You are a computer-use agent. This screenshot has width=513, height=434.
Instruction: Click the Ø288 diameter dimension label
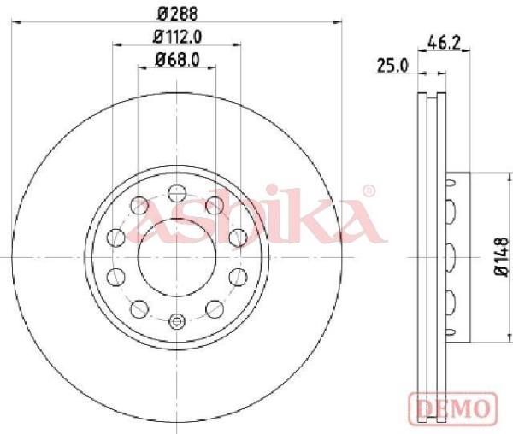tap(178, 14)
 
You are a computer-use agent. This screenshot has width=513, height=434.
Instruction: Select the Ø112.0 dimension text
tap(177, 36)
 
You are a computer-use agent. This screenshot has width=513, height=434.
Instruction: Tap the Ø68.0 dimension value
tap(177, 60)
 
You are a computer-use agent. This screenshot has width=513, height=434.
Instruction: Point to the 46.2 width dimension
tap(444, 43)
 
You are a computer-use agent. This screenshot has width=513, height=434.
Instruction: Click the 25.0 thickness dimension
tap(393, 66)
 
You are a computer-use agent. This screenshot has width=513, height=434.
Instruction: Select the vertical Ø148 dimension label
tap(502, 257)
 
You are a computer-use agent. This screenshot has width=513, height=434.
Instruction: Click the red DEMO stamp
tap(453, 408)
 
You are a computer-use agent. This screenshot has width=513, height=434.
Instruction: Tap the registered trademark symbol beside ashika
tap(369, 191)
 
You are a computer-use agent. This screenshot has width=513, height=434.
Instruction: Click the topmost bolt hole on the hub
tap(177, 193)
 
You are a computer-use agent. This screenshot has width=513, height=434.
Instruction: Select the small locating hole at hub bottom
tap(177, 321)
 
